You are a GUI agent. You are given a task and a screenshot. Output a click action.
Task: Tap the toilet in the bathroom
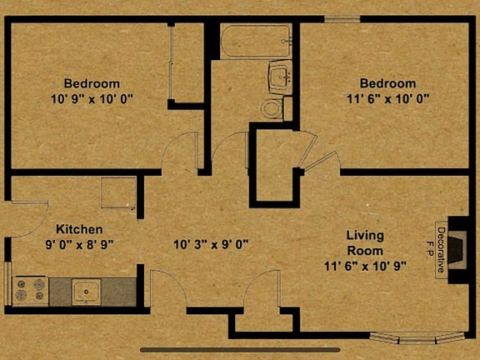point(272,107)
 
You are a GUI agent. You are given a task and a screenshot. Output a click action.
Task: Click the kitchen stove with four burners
point(28,290)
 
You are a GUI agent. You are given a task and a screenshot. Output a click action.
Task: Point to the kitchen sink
point(85,291)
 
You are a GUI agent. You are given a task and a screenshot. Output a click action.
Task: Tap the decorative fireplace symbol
point(457,248)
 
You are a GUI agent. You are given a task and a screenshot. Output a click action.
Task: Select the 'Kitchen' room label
point(79,229)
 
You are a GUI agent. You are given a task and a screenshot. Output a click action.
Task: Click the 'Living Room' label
point(365,242)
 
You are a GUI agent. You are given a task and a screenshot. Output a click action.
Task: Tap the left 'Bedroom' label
point(92,83)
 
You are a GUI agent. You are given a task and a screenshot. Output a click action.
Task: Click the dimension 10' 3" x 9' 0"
point(212,245)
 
